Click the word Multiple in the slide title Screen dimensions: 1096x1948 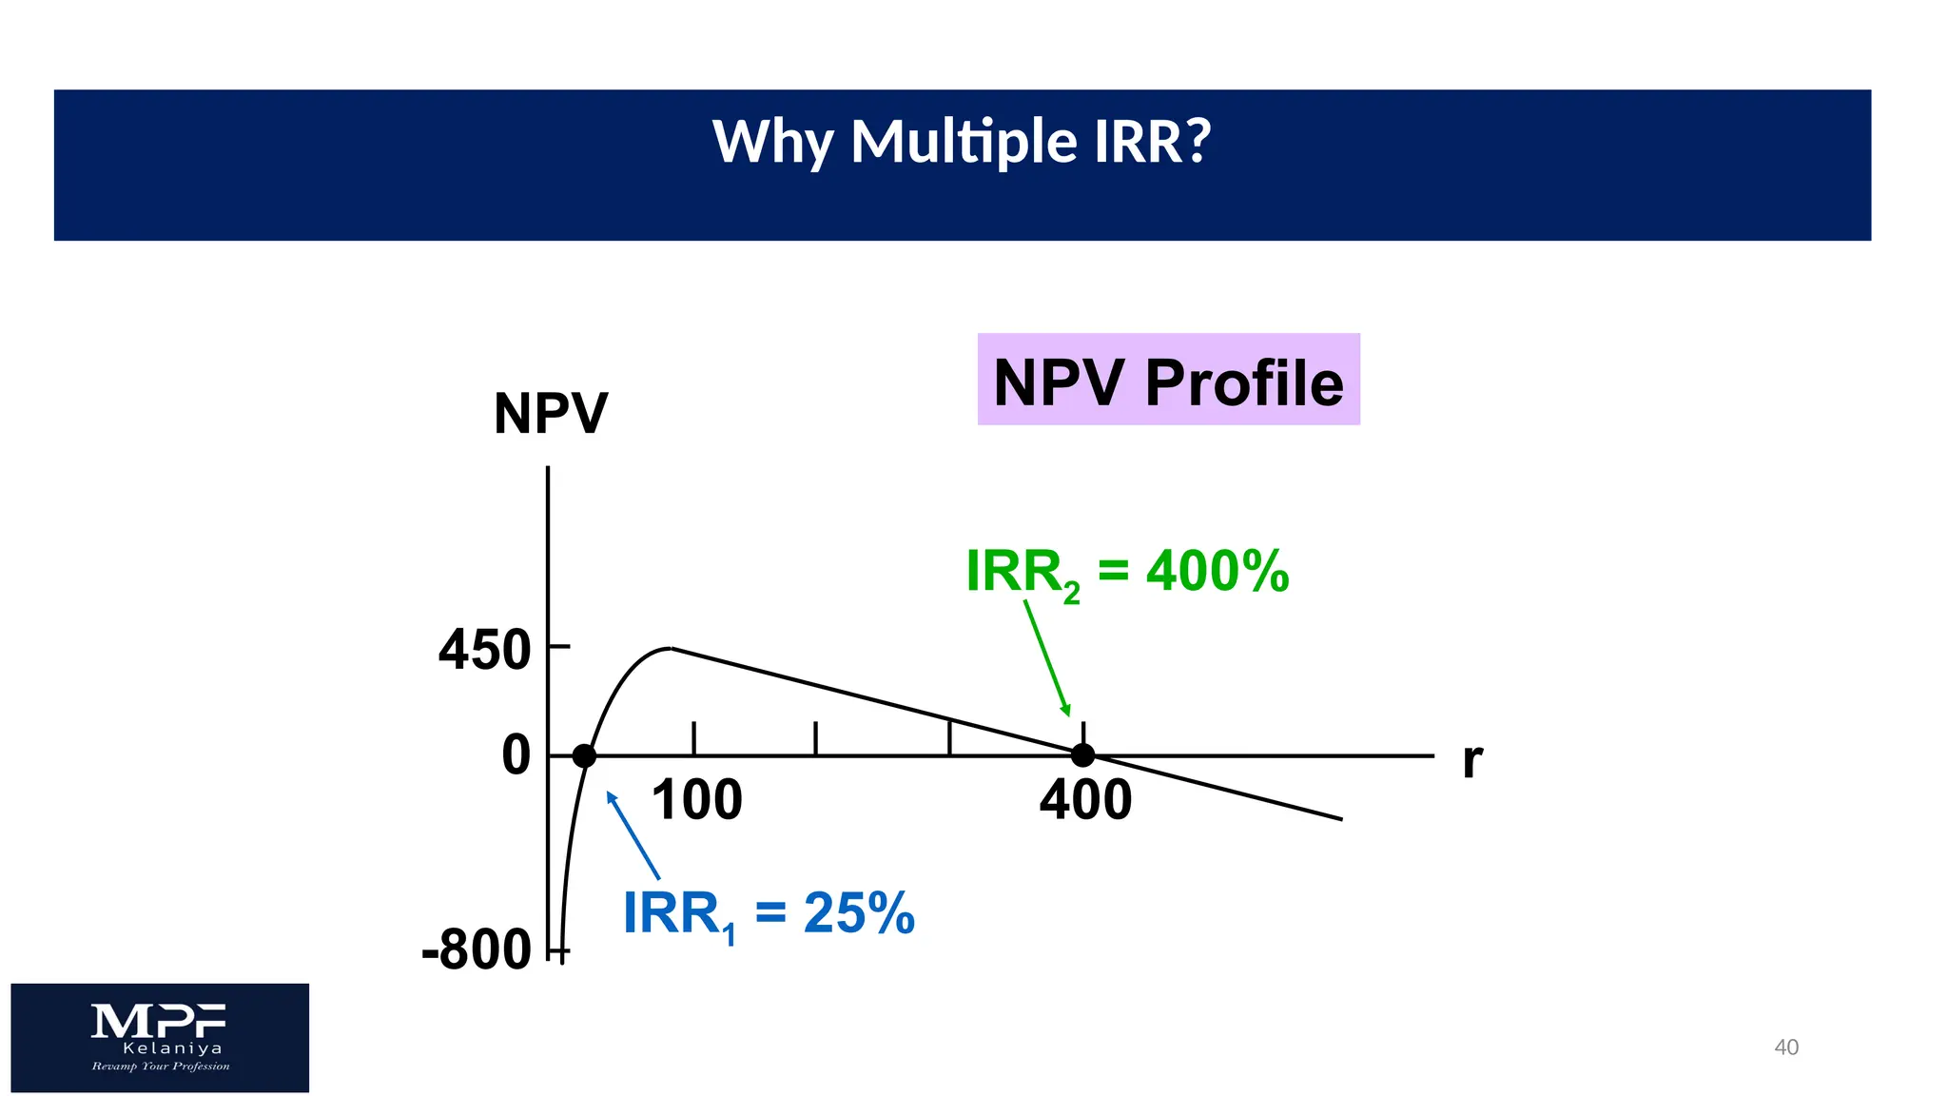click(x=964, y=143)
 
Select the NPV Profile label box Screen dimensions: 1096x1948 click(x=1168, y=380)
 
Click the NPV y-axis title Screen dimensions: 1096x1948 click(x=550, y=414)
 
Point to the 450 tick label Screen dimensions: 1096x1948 click(x=484, y=651)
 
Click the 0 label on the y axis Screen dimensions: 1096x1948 click(x=516, y=756)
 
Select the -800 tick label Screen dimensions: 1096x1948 click(x=477, y=949)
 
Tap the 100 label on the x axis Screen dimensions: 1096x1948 click(x=696, y=800)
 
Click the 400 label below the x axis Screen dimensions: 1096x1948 click(x=1085, y=800)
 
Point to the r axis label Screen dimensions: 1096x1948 click(x=1471, y=760)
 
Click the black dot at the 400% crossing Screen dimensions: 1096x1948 click(x=1082, y=755)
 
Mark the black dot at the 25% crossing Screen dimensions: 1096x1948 click(x=584, y=756)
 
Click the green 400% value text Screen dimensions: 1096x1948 click(x=1217, y=572)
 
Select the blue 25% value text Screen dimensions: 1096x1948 click(x=859, y=913)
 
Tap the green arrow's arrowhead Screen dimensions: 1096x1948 click(x=1067, y=711)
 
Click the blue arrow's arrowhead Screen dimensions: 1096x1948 click(x=611, y=797)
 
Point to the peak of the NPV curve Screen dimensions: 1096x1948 click(x=670, y=649)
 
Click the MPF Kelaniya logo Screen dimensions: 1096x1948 click(x=160, y=1037)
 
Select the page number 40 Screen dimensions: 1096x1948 click(x=1786, y=1047)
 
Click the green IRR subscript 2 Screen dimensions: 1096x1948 click(x=1071, y=594)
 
